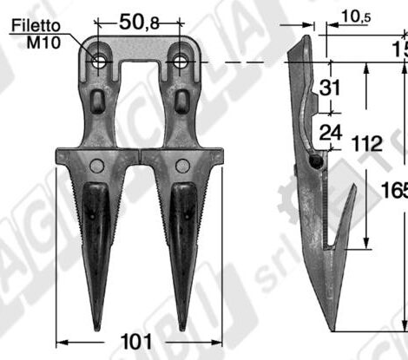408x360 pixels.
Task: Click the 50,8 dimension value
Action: click(x=141, y=23)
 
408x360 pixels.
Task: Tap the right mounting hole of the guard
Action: click(x=181, y=60)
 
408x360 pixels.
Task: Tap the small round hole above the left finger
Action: click(x=96, y=165)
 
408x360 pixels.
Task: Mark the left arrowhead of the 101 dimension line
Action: click(x=57, y=342)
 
